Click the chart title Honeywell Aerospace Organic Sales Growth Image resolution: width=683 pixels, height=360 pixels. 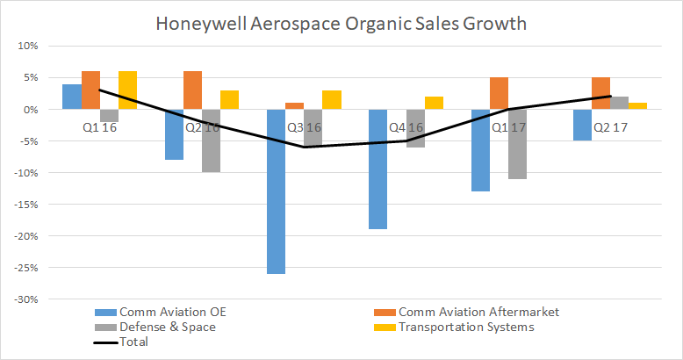coord(341,24)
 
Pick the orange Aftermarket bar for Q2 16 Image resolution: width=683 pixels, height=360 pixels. coord(193,90)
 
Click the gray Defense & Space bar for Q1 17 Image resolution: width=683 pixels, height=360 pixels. coord(516,144)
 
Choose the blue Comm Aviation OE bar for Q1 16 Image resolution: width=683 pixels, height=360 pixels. coord(72,97)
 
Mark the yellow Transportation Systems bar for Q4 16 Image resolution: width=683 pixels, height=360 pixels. coord(433,103)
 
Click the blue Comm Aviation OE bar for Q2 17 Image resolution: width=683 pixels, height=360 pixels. coord(582,125)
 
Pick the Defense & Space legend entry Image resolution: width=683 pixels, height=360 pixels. coord(153,327)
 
